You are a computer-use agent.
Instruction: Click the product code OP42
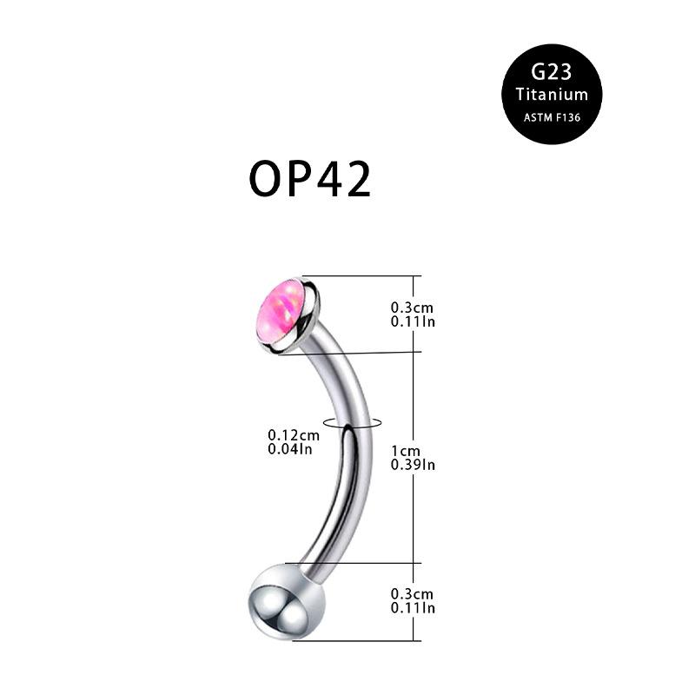(310, 180)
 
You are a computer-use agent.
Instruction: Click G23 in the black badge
(552, 73)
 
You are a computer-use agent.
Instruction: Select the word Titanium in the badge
(552, 95)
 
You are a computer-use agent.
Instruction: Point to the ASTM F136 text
(552, 116)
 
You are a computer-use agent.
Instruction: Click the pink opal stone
(278, 310)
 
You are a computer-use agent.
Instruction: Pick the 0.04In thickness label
(290, 448)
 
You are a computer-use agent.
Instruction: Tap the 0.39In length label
(413, 465)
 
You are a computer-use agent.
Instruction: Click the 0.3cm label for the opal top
(412, 308)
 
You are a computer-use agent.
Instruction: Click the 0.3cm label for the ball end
(412, 593)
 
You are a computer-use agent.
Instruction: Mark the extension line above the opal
(365, 276)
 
